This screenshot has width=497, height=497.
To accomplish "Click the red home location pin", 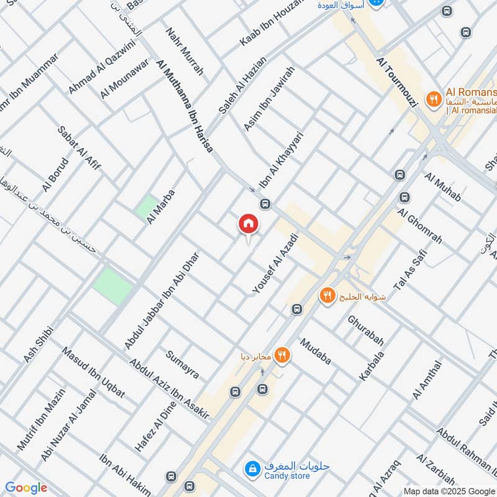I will pyautogui.click(x=248, y=224).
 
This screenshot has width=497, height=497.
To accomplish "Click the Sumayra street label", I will pyautogui.click(x=182, y=365).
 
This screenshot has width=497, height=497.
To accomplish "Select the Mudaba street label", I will pyautogui.click(x=316, y=352).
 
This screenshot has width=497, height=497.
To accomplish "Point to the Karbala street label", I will pyautogui.click(x=372, y=366).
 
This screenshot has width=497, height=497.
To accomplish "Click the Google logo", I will pyautogui.click(x=26, y=488).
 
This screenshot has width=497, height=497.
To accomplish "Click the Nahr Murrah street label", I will pyautogui.click(x=185, y=51).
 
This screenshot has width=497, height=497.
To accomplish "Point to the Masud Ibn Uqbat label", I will pyautogui.click(x=93, y=372).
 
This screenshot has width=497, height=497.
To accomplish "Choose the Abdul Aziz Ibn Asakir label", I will pyautogui.click(x=169, y=389).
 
